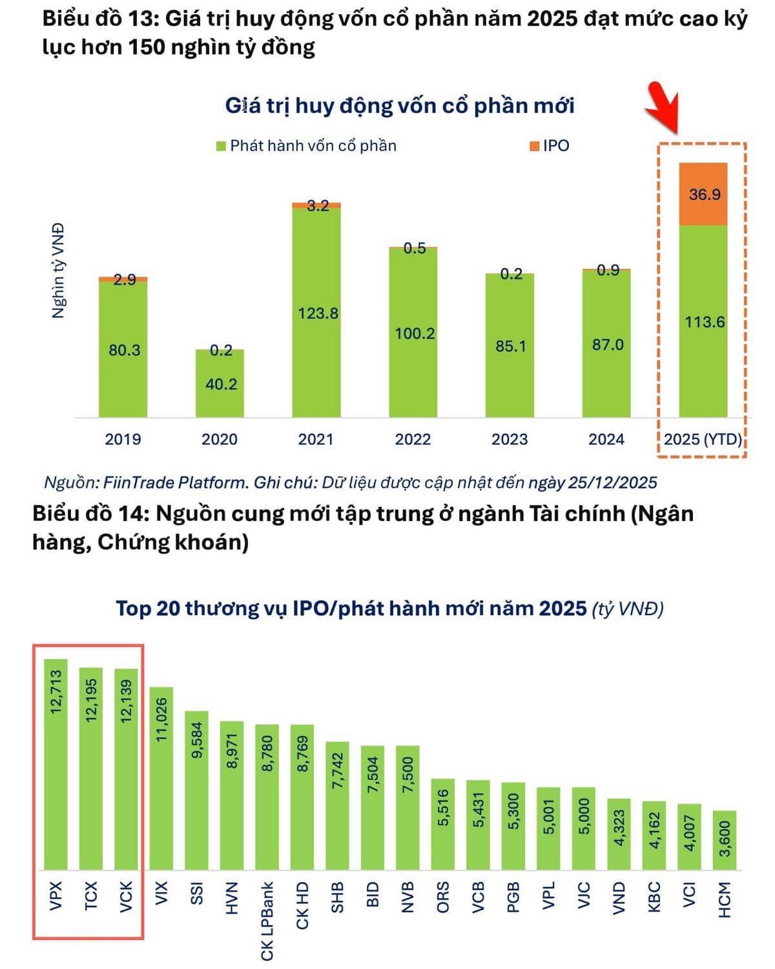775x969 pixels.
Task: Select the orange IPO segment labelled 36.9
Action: point(703,194)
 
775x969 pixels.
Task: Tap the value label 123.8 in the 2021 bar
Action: point(318,313)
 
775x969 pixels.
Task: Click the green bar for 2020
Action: point(220,384)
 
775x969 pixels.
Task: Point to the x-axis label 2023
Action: point(510,439)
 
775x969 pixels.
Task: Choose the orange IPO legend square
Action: point(534,146)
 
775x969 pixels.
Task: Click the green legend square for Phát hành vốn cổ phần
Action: point(221,146)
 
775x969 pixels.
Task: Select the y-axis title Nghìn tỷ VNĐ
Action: point(59,270)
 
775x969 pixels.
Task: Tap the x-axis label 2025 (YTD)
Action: point(703,439)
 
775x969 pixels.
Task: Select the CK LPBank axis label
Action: point(267,921)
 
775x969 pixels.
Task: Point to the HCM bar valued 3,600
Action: point(725,840)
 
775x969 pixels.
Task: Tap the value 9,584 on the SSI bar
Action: point(197,740)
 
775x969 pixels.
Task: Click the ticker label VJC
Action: point(584,895)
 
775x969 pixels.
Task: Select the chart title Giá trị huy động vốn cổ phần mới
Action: point(399,106)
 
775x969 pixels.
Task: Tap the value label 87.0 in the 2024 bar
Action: point(608,345)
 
